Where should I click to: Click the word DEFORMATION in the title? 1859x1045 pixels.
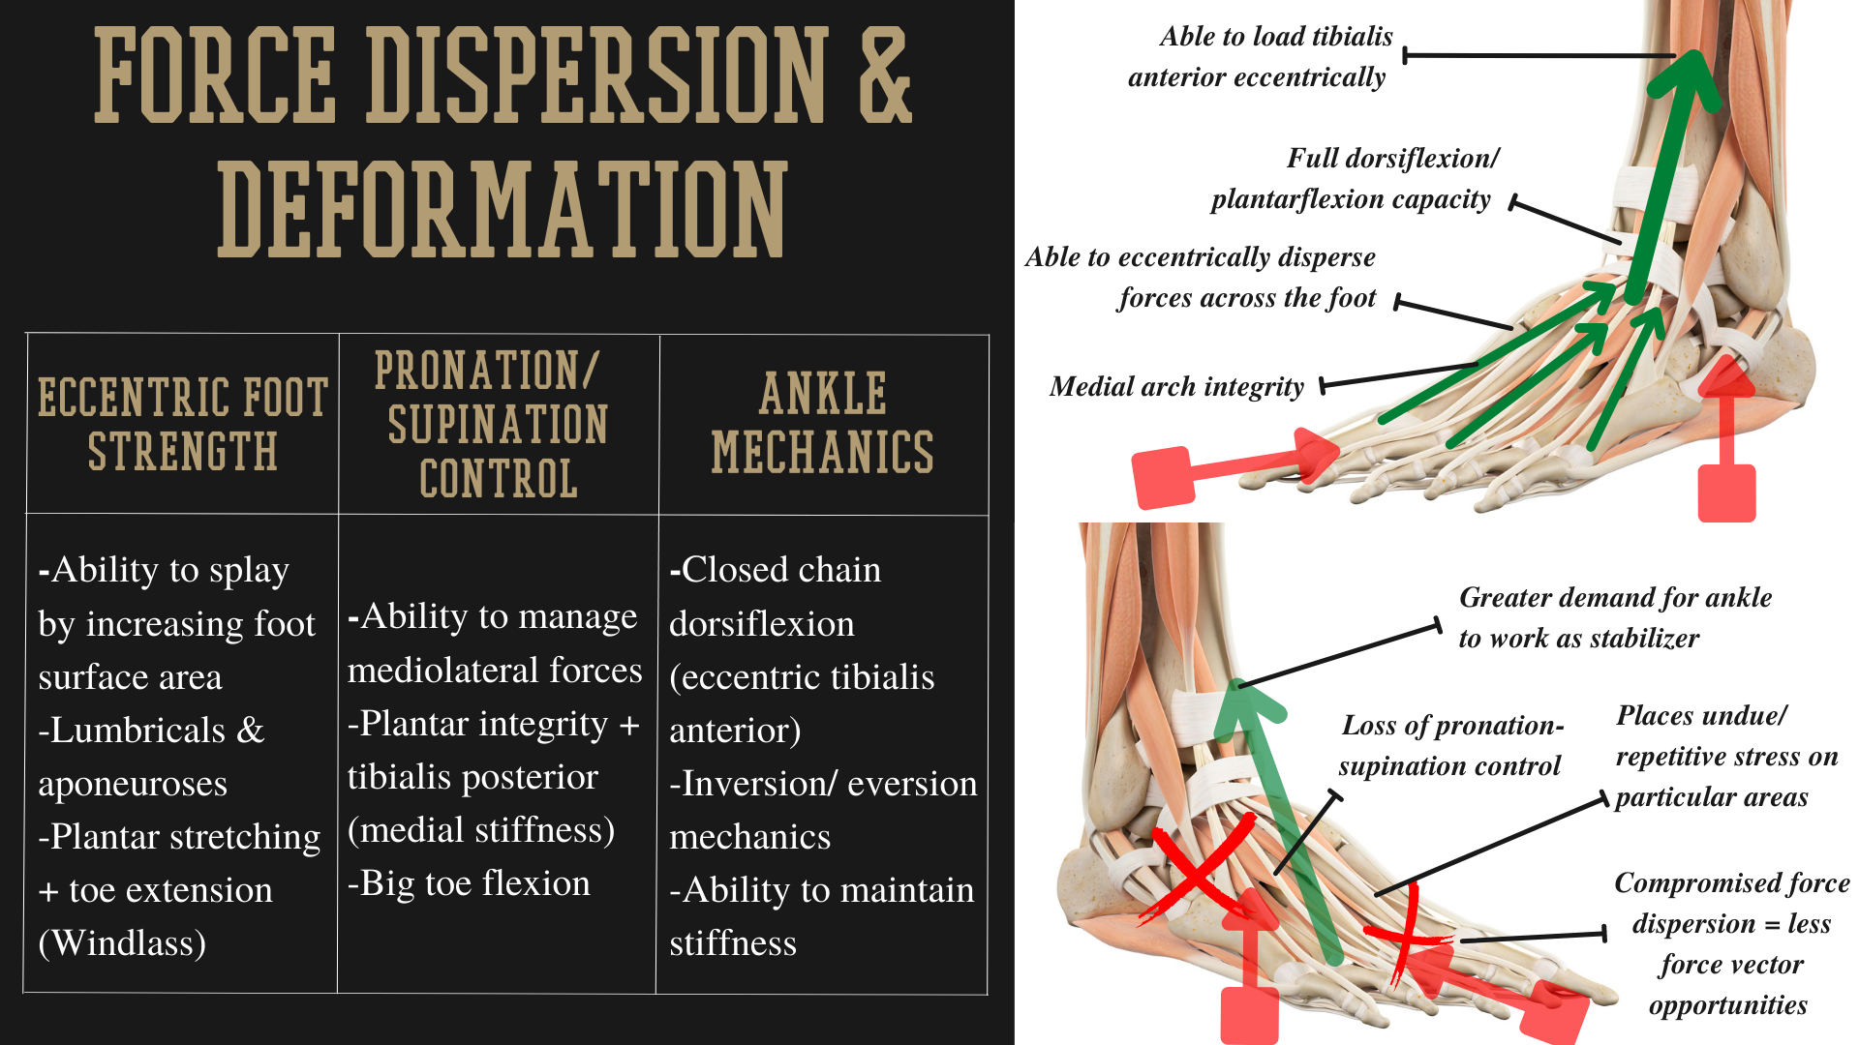pyautogui.click(x=502, y=209)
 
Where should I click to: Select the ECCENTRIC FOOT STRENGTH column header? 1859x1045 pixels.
pyautogui.click(x=183, y=424)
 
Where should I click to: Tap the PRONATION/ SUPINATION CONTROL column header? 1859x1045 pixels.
pyautogui.click(x=498, y=424)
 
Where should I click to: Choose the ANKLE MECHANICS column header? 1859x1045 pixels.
pyautogui.click(x=823, y=423)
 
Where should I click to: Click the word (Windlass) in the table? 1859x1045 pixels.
pyautogui.click(x=122, y=943)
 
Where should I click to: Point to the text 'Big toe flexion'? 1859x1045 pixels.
pyautogui.click(x=469, y=883)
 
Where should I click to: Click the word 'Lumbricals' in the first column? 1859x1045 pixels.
pyautogui.click(x=138, y=731)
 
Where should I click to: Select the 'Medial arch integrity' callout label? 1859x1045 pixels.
pyautogui.click(x=1176, y=387)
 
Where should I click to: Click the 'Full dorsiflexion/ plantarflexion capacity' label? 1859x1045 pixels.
pyautogui.click(x=1355, y=179)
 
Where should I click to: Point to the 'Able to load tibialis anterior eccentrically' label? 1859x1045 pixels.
pyautogui.click(x=1260, y=56)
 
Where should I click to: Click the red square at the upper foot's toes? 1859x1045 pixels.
pyautogui.click(x=1163, y=478)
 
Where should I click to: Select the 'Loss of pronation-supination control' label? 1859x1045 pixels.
pyautogui.click(x=1450, y=746)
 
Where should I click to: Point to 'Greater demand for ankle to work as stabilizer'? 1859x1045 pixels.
pyautogui.click(x=1615, y=617)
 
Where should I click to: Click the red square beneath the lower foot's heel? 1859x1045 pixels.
pyautogui.click(x=1250, y=1016)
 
